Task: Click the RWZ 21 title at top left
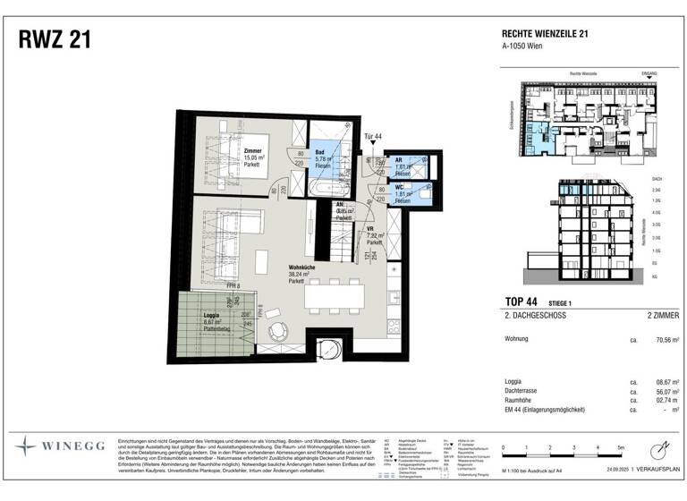53,39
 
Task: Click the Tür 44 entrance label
373,137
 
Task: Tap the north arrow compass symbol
660,446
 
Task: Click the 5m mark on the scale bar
619,446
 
